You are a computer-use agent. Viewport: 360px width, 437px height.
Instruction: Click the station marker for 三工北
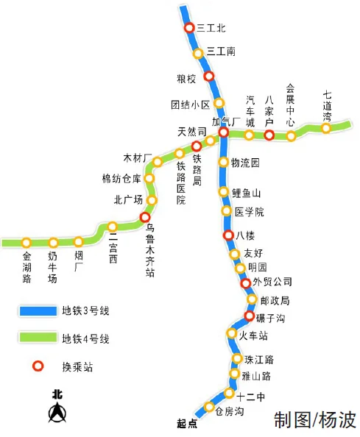tap(189, 28)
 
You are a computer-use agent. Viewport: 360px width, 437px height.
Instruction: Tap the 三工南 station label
tap(221, 51)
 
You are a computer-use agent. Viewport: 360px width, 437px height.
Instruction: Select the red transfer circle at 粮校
tap(209, 77)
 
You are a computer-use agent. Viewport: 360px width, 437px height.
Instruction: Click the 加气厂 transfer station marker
tap(223, 132)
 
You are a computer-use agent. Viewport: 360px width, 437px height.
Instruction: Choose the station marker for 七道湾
tap(325, 129)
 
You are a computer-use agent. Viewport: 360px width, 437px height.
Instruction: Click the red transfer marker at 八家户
tap(269, 135)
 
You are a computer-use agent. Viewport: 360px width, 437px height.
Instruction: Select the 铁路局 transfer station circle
tap(197, 146)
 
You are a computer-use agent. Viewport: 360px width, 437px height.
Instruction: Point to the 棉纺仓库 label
tap(121, 178)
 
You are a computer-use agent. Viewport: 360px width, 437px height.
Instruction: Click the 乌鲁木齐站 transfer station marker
tap(145, 217)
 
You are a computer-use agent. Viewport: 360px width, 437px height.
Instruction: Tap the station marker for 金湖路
tap(27, 242)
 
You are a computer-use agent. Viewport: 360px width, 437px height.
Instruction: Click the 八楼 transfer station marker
tap(228, 235)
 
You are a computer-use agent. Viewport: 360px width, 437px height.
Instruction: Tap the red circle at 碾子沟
tap(250, 316)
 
